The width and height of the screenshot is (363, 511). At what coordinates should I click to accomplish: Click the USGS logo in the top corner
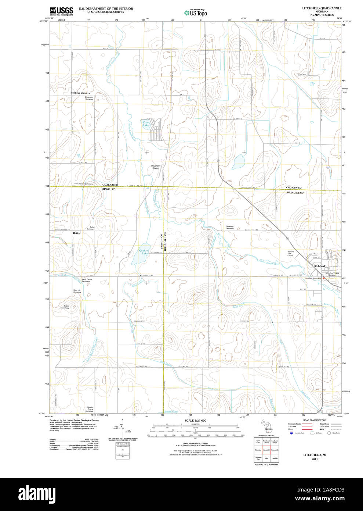click(x=62, y=11)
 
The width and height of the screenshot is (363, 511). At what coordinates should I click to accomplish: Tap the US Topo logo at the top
click(x=196, y=13)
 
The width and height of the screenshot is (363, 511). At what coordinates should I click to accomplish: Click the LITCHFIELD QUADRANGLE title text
click(x=322, y=8)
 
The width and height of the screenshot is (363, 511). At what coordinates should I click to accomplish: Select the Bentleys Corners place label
click(x=80, y=93)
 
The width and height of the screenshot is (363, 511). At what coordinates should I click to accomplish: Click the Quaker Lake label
click(x=144, y=253)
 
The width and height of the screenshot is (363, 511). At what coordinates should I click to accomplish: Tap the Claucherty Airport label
click(x=156, y=167)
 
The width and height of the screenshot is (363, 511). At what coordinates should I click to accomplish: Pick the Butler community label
click(x=76, y=233)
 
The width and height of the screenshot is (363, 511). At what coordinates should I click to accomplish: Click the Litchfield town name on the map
click(x=319, y=266)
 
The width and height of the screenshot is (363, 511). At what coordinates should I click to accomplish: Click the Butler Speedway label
click(x=66, y=307)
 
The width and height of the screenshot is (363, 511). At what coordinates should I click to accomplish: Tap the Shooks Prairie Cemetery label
click(x=90, y=409)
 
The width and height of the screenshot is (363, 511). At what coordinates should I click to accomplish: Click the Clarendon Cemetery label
click(x=89, y=98)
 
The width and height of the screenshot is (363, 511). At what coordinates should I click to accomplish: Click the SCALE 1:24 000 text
click(x=195, y=420)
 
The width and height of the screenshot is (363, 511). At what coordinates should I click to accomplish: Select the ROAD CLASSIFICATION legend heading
click(x=315, y=420)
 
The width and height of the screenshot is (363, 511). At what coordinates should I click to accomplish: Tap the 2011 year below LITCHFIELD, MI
click(x=315, y=459)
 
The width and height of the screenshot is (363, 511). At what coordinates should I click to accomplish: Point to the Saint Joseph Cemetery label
click(x=84, y=184)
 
